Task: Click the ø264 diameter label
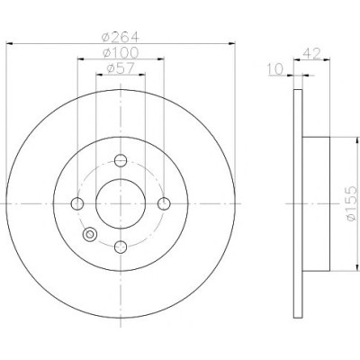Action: tap(121, 37)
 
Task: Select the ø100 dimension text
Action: tap(121, 53)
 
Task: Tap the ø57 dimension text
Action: tap(121, 69)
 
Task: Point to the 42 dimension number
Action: tap(312, 54)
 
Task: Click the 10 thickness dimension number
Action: tap(275, 69)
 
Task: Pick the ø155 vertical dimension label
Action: tap(351, 203)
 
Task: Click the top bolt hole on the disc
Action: tap(121, 160)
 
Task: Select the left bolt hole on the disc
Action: tap(77, 204)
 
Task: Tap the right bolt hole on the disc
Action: tap(164, 204)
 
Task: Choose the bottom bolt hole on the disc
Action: tap(121, 247)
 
